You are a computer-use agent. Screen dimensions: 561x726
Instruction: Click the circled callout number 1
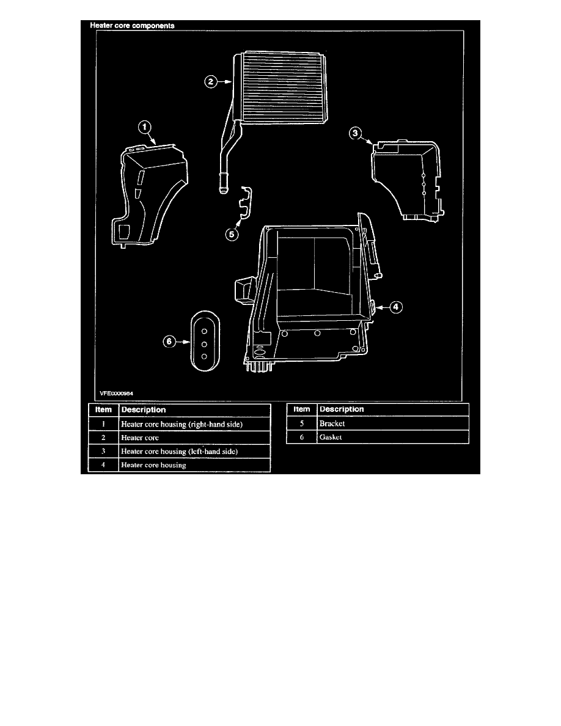point(144,127)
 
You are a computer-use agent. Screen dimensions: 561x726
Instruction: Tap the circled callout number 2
point(211,82)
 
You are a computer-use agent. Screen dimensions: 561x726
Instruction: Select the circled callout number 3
point(355,133)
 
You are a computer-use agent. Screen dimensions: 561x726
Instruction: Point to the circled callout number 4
point(396,307)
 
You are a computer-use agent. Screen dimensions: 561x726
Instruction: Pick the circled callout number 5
point(232,234)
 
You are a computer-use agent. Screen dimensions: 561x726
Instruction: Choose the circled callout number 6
point(169,342)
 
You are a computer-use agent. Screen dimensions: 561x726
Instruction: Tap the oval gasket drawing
point(205,341)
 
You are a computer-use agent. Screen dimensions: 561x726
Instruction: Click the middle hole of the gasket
point(204,344)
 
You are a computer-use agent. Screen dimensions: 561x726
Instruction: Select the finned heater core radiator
point(280,88)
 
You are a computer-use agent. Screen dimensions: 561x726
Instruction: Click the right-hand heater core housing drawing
point(150,194)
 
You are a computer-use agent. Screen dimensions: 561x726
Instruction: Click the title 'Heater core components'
point(132,26)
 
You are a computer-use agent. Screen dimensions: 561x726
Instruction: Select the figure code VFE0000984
point(116,394)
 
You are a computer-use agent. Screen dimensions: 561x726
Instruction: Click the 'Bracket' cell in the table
point(332,423)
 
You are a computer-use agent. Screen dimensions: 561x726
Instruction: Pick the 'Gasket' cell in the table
point(331,437)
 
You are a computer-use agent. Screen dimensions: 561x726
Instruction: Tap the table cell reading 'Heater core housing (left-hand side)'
point(179,452)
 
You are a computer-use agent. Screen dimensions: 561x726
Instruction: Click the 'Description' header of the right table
point(342,409)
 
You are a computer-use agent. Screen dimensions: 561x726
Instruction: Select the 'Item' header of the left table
point(103,410)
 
